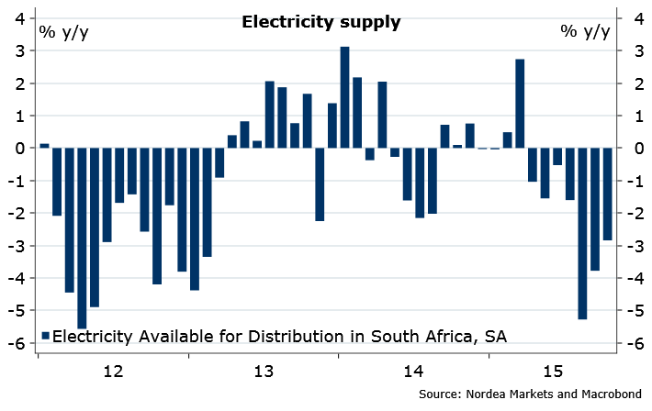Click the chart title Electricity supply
tap(320, 23)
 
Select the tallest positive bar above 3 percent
tap(345, 96)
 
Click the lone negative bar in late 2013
tap(320, 183)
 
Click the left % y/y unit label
tap(64, 32)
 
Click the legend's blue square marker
tap(47, 337)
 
